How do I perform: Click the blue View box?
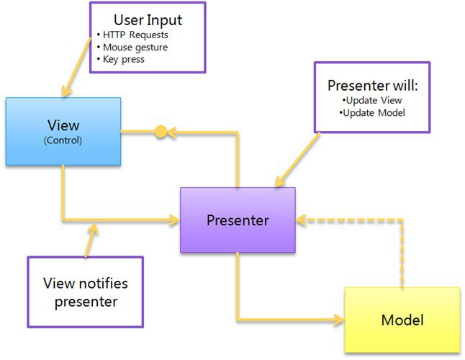pos(63,131)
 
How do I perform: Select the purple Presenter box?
pos(238,220)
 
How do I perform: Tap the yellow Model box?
pos(402,320)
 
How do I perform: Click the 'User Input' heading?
pos(148,20)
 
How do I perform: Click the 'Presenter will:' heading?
pos(372,86)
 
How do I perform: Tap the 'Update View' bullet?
pos(372,100)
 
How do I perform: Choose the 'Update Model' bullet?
pos(372,113)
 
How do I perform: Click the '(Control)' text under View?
pos(63,140)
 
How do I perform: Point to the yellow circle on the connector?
pos(161,131)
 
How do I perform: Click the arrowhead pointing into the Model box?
pos(339,320)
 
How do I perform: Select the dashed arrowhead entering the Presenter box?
pos(301,220)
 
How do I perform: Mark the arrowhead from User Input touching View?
pos(66,91)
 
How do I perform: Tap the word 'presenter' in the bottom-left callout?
pos(86,302)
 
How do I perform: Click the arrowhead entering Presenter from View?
pos(174,220)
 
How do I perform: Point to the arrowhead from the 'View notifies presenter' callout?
pos(94,229)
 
